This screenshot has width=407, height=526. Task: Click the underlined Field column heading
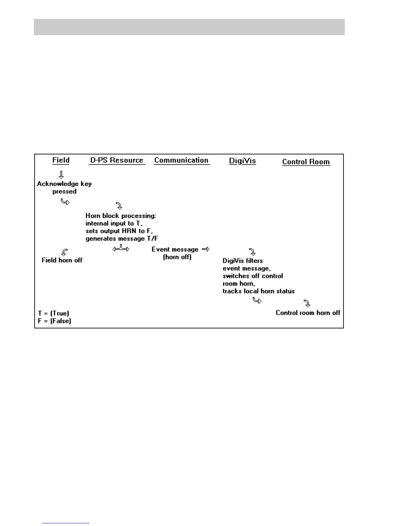(x=61, y=160)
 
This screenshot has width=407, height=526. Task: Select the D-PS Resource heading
(x=117, y=160)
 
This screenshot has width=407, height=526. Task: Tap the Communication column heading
(x=181, y=160)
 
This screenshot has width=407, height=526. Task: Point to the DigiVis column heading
(x=242, y=161)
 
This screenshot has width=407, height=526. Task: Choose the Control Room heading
(x=306, y=162)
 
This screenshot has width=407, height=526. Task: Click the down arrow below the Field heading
(x=61, y=175)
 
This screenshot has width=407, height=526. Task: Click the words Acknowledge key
(x=64, y=184)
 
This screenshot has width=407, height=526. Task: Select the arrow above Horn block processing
(x=119, y=206)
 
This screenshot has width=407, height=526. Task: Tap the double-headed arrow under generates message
(x=121, y=248)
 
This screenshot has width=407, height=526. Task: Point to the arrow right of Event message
(x=206, y=249)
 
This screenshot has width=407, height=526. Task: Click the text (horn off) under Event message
(x=177, y=257)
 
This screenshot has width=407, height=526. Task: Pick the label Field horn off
(x=62, y=260)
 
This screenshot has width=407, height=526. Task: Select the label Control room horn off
(x=308, y=312)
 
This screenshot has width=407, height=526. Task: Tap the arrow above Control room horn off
(x=307, y=304)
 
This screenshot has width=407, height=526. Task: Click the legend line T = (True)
(x=54, y=313)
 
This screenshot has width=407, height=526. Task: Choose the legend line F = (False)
(x=55, y=321)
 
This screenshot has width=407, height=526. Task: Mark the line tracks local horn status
(x=259, y=291)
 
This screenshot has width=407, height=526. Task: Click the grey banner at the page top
(x=189, y=27)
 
